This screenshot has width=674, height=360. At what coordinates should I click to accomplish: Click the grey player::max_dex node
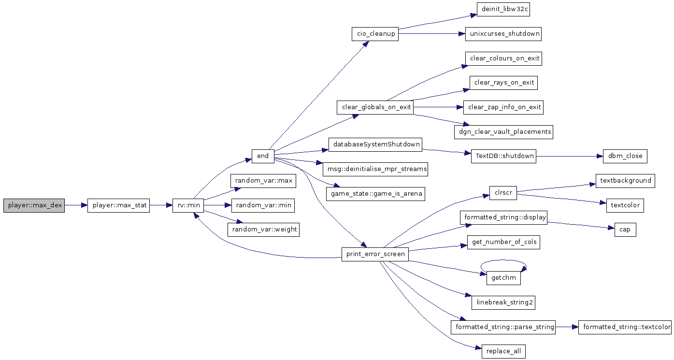click(34, 205)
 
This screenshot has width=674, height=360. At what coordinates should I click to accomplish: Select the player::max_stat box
click(118, 205)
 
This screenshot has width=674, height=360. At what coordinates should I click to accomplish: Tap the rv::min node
click(188, 205)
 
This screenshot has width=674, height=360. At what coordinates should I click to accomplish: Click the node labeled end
click(263, 156)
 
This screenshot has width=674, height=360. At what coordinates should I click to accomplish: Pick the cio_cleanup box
click(375, 34)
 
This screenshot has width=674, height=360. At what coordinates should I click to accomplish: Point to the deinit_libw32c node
click(503, 9)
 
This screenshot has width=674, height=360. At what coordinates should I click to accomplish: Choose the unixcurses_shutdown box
click(503, 34)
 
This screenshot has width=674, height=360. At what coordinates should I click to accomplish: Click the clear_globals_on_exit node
click(375, 107)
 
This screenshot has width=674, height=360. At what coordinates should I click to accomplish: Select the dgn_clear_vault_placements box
click(504, 132)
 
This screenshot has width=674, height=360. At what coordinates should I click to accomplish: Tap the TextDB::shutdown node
click(504, 156)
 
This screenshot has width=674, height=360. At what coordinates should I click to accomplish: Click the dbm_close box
click(625, 156)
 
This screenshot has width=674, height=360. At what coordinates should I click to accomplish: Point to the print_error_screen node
click(375, 254)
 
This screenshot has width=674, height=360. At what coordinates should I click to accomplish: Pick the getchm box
click(504, 278)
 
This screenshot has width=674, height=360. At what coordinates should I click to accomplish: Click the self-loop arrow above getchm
click(504, 260)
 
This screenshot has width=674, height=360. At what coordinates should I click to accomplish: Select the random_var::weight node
click(264, 230)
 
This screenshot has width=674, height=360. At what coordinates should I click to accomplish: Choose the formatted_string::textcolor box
click(625, 327)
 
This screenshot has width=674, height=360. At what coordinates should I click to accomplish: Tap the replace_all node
click(504, 352)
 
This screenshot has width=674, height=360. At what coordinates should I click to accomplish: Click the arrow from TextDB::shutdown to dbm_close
click(570, 156)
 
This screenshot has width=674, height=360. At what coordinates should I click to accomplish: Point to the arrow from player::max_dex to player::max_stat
click(76, 205)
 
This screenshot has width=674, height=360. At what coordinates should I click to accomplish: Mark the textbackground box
click(625, 181)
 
